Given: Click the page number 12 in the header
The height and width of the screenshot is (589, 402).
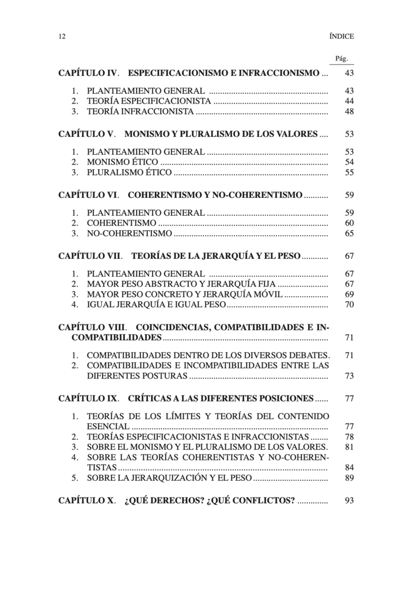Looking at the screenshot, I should (x=62, y=36).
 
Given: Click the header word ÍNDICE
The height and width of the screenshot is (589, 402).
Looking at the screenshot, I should (x=342, y=36).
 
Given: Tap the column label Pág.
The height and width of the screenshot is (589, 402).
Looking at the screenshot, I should (x=342, y=59).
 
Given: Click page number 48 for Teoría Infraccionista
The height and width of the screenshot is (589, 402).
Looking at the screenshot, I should (x=349, y=112).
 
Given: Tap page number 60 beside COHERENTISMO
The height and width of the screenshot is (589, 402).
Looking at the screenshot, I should (x=349, y=223).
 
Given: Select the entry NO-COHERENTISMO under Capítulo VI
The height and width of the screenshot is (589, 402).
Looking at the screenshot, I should (x=129, y=234).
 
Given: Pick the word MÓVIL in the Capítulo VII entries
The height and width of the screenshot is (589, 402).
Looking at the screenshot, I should (x=267, y=294).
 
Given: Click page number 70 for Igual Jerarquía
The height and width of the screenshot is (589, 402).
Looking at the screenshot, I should (x=349, y=305).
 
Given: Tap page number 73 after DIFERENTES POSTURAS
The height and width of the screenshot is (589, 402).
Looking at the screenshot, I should (x=349, y=376).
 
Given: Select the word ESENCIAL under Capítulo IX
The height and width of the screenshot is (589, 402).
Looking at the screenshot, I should (x=108, y=426).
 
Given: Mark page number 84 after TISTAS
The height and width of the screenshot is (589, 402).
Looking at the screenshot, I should (x=349, y=468).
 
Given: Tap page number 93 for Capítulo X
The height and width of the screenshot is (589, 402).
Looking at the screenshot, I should (x=349, y=500).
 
